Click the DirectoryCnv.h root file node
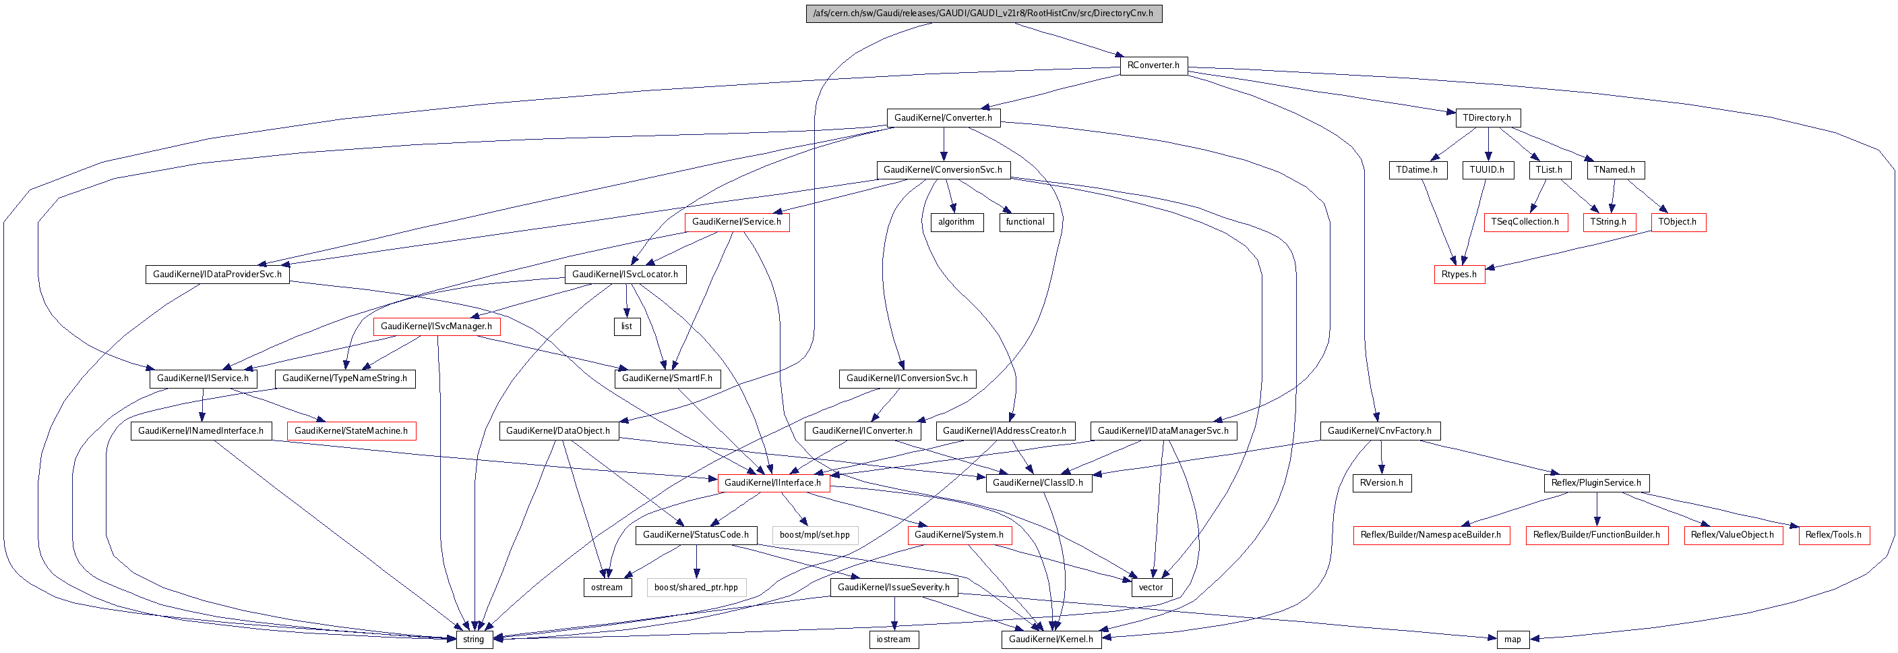pyautogui.click(x=983, y=13)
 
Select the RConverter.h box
pyautogui.click(x=1153, y=65)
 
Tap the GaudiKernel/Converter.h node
pyautogui.click(x=942, y=118)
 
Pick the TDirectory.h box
pyautogui.click(x=1487, y=118)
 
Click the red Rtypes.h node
pyautogui.click(x=1459, y=274)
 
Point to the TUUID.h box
pyautogui.click(x=1487, y=170)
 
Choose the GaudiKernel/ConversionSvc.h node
pyautogui.click(x=942, y=170)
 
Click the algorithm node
pyautogui.click(x=956, y=222)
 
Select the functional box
pyautogui.click(x=1025, y=222)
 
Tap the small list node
pyautogui.click(x=626, y=326)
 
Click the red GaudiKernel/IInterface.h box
pyautogui.click(x=772, y=483)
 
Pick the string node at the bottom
pyautogui.click(x=473, y=640)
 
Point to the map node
pyautogui.click(x=1512, y=640)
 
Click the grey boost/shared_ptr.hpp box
pyautogui.click(x=696, y=588)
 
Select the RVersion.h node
pyautogui.click(x=1382, y=483)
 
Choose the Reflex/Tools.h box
pyautogui.click(x=1833, y=535)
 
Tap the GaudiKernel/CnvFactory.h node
pyautogui.click(x=1379, y=431)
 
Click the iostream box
pyautogui.click(x=893, y=640)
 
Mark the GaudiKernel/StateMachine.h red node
pyautogui.click(x=350, y=431)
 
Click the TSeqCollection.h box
pyautogui.click(x=1525, y=222)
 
